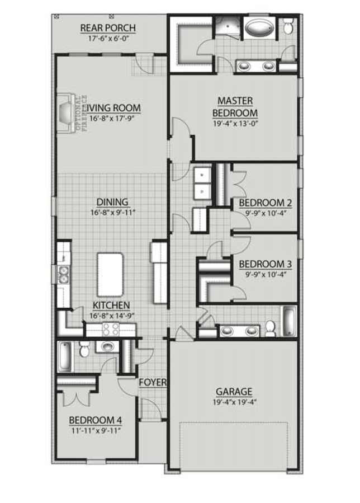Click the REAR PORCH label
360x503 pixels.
108,28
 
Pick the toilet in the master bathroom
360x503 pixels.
288,26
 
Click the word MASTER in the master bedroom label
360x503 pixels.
235,101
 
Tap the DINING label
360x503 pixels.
112,202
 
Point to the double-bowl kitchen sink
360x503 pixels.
64,274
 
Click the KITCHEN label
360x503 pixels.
111,305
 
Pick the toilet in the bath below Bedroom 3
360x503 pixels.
269,327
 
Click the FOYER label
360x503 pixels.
153,383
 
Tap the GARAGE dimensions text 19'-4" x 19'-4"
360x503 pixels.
234,401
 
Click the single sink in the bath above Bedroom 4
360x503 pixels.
105,347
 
